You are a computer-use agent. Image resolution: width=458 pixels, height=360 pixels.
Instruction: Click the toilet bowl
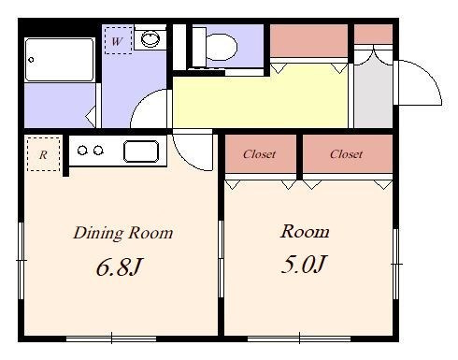click(222, 47)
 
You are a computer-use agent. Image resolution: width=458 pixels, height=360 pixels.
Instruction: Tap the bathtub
click(59, 60)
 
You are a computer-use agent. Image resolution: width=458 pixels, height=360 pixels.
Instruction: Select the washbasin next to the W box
click(150, 39)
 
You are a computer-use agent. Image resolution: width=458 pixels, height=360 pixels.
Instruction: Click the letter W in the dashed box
click(117, 41)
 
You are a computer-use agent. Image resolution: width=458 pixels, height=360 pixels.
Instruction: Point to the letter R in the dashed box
click(43, 154)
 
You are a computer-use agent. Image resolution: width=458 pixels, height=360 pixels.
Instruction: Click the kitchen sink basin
click(141, 151)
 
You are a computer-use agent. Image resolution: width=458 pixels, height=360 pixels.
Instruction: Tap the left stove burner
click(82, 151)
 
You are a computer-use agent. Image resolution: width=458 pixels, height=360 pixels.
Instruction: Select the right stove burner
click(98, 151)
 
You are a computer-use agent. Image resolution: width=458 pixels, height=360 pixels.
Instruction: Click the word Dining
click(98, 233)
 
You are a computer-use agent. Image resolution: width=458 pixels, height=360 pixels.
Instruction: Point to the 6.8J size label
click(120, 267)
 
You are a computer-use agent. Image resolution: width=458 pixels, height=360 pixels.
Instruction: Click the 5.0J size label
click(304, 265)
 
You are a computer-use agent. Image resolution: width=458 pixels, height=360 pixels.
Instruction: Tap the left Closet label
click(259, 154)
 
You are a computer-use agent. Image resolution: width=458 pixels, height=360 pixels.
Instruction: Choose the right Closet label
click(346, 154)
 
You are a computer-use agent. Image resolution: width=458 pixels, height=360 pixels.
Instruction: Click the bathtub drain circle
click(31, 60)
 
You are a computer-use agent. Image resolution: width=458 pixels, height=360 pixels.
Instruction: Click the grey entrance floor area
click(373, 94)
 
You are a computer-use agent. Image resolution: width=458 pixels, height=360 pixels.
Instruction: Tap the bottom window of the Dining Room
click(111, 338)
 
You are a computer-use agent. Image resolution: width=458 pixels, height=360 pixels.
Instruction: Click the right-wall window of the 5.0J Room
click(395, 265)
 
